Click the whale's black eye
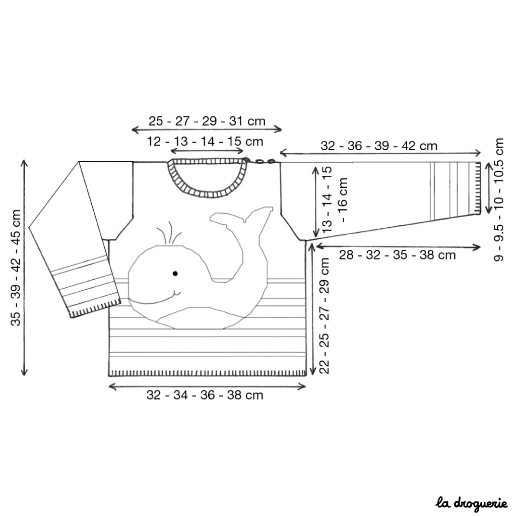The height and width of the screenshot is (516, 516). (x=175, y=273)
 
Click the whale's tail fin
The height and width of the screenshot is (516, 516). (x=242, y=216)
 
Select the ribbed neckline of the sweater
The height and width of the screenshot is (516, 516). (x=207, y=195)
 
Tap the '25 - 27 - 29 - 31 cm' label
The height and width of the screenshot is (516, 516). (x=207, y=121)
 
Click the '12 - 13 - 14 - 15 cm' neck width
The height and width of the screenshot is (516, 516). (x=205, y=142)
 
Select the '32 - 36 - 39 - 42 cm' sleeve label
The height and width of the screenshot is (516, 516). (x=379, y=146)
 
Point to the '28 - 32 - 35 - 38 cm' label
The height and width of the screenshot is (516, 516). (x=397, y=254)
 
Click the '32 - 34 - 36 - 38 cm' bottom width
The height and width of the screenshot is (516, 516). (x=205, y=395)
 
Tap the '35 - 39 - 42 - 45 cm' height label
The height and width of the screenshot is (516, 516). (x=16, y=268)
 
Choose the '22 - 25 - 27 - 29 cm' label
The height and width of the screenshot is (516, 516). (x=324, y=315)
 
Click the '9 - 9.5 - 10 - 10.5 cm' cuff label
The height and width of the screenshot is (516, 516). (x=499, y=200)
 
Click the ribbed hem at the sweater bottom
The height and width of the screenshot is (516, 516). (x=207, y=373)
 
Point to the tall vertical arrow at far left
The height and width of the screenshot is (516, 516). (x=24, y=268)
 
